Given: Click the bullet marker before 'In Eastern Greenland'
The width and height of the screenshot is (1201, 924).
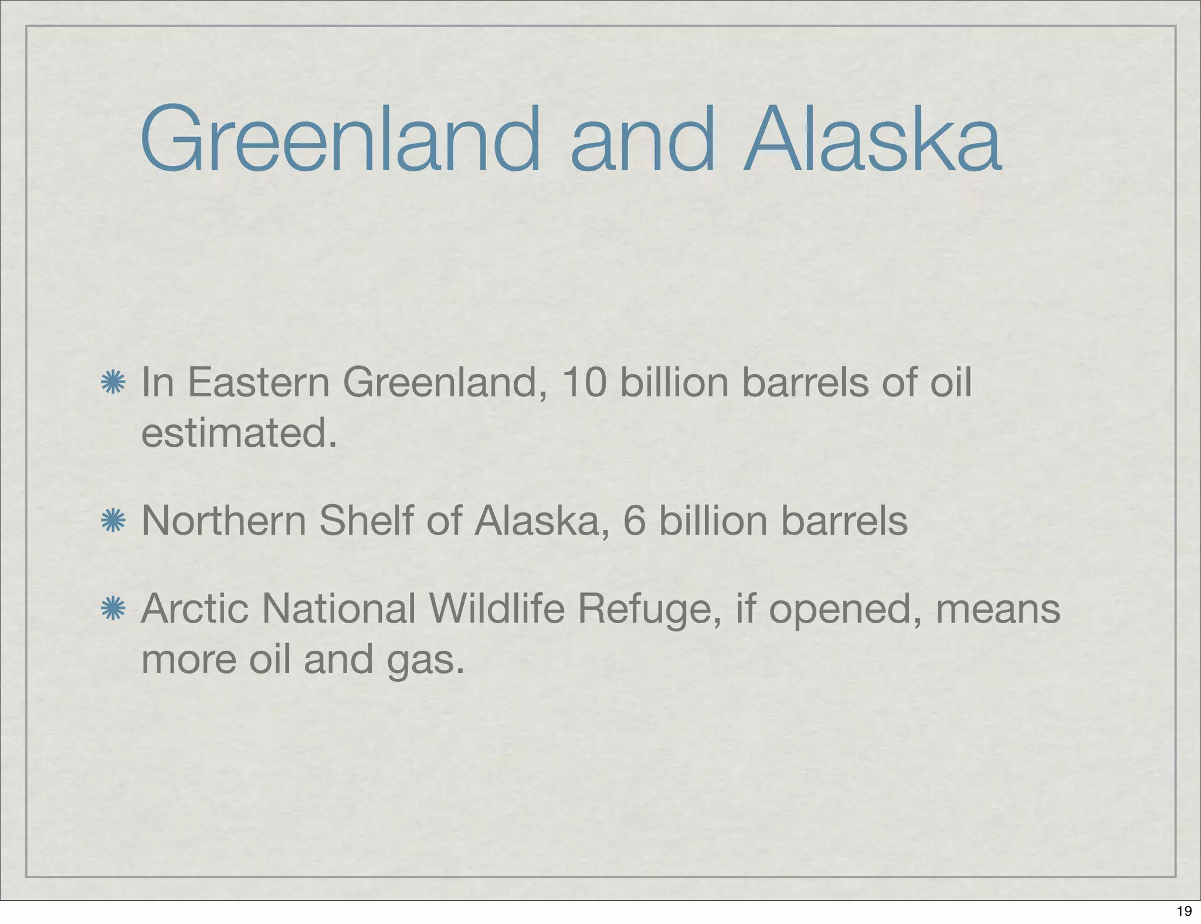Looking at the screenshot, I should pos(113,383).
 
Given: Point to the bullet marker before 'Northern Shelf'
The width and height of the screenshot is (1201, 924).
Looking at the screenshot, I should pos(113,521).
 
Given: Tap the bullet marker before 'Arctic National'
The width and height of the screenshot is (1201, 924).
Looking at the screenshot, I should pos(113,609).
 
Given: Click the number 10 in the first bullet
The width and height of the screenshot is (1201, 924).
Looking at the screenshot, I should pos(584,383).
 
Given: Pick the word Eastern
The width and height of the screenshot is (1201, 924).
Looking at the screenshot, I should pos(259,383).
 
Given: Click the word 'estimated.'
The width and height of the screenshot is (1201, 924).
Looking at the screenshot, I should pos(239,434).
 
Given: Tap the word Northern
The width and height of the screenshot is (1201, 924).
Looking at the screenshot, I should pos(224,521).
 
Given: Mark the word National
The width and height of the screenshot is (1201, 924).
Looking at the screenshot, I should pos(339,609).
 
